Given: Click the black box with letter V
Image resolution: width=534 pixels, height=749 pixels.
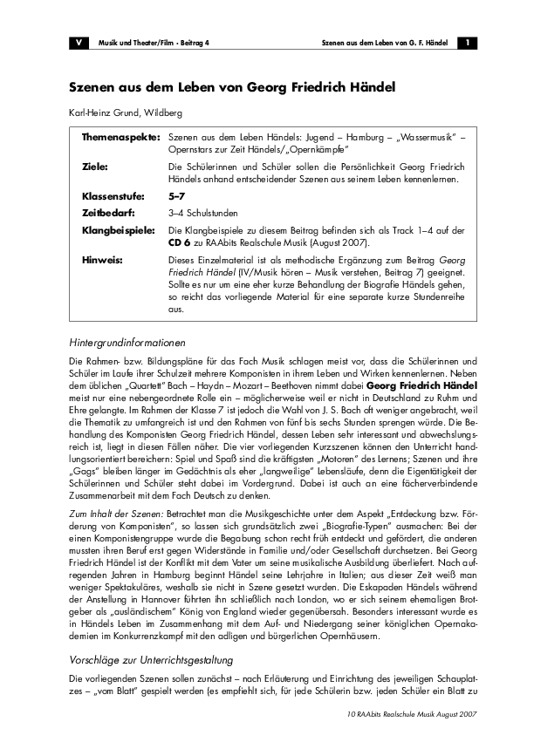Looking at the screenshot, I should [x=79, y=43].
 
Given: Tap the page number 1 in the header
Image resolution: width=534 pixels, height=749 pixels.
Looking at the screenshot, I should [x=468, y=43].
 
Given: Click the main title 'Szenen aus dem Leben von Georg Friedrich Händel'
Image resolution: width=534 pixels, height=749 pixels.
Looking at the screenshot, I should [x=233, y=88].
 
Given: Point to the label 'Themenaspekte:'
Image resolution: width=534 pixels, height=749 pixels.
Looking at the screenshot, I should [x=120, y=139].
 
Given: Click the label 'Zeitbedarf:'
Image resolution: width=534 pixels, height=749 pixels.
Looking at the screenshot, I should [x=108, y=212].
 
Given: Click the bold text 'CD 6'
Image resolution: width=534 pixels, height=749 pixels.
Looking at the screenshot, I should [x=181, y=241].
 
